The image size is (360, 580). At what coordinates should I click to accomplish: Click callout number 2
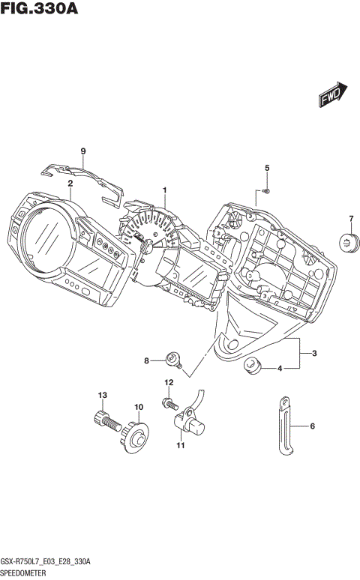click(70, 183)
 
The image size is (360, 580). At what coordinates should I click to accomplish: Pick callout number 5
click(266, 168)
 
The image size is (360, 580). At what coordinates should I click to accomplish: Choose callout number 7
click(349, 219)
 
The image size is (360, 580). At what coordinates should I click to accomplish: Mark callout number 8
click(148, 361)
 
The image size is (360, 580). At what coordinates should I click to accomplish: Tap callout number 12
click(169, 383)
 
